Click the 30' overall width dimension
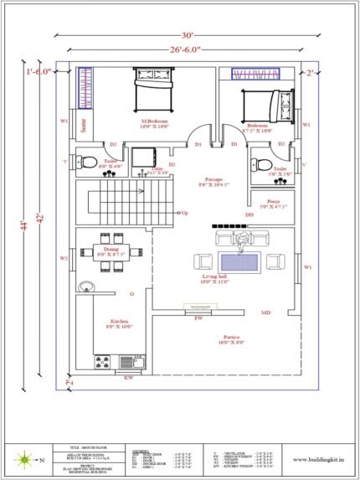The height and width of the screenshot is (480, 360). (188, 36)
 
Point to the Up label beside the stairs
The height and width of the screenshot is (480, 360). (185, 213)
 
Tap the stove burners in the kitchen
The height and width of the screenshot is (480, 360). (104, 362)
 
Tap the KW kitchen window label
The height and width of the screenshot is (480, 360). (129, 378)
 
